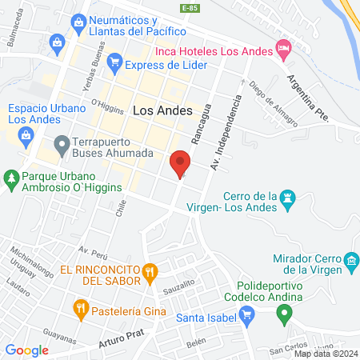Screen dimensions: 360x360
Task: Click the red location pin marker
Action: coord(180,165)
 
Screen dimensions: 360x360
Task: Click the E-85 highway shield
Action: coord(190,7)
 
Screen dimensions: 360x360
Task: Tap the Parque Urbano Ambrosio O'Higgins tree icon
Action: coord(10,181)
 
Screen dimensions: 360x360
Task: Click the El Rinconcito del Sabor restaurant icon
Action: coord(149,273)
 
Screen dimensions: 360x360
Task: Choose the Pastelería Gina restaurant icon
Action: coord(80,307)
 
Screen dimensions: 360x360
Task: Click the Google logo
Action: coord(27,350)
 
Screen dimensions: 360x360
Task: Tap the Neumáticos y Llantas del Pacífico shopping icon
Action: coord(78,22)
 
